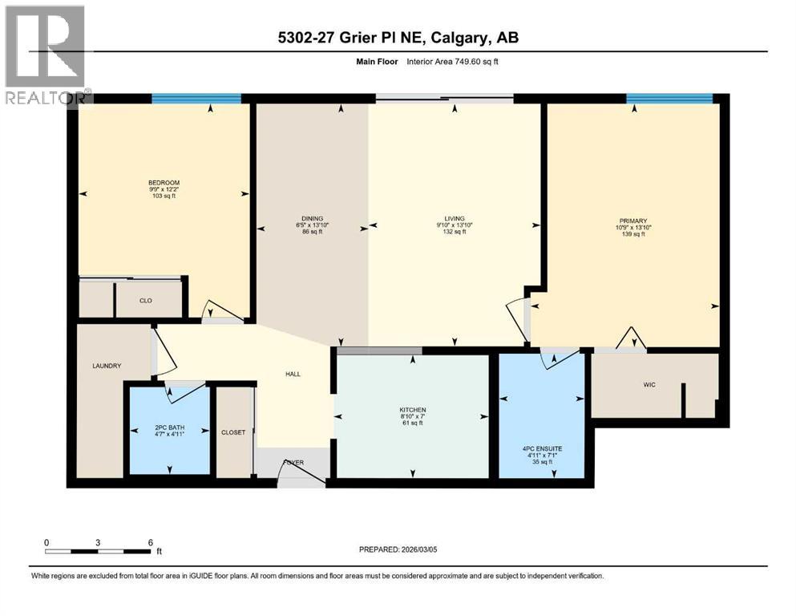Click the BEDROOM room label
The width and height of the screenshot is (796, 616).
[164, 183]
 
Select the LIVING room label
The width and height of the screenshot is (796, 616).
[455, 218]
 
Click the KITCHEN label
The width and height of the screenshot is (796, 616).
[412, 410]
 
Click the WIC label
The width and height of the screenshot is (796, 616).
[649, 385]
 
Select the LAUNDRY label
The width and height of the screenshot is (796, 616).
[106, 366]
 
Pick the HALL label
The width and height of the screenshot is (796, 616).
[294, 374]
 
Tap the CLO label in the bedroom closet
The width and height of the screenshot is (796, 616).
[146, 301]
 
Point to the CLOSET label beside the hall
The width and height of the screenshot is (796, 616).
[233, 432]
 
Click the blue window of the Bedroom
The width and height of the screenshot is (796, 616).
[196, 99]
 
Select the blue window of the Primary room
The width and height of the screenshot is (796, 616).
[669, 99]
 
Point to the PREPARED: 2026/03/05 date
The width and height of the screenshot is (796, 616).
[398, 549]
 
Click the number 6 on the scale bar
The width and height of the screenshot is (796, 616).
[150, 542]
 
